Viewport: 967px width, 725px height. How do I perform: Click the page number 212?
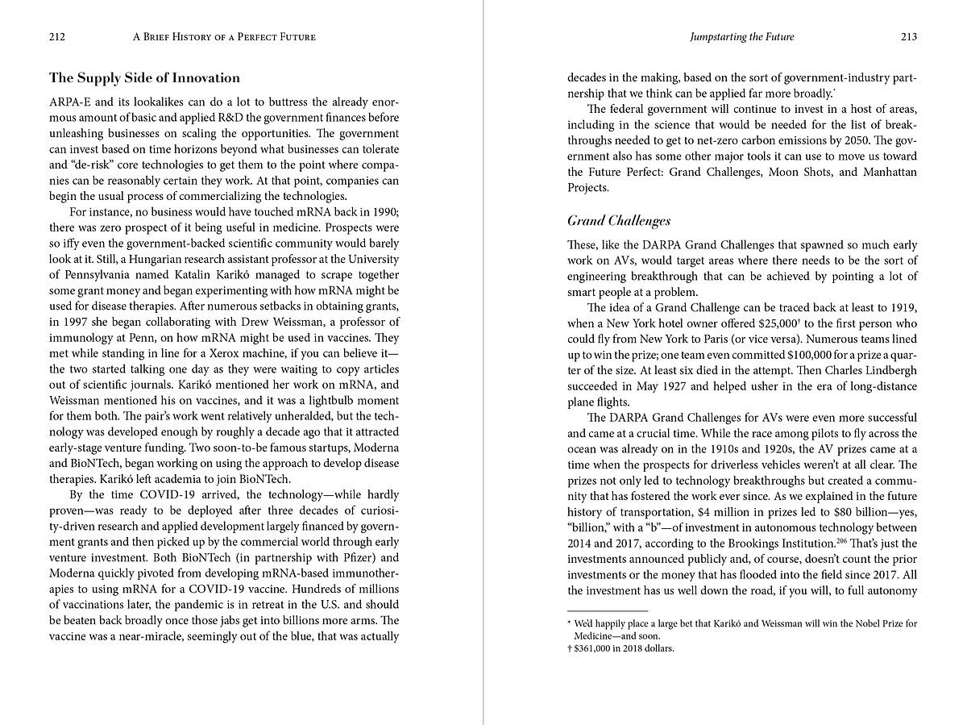(x=56, y=37)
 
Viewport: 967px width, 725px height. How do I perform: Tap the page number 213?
(x=908, y=37)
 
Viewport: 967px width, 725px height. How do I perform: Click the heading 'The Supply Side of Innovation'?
(x=145, y=78)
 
